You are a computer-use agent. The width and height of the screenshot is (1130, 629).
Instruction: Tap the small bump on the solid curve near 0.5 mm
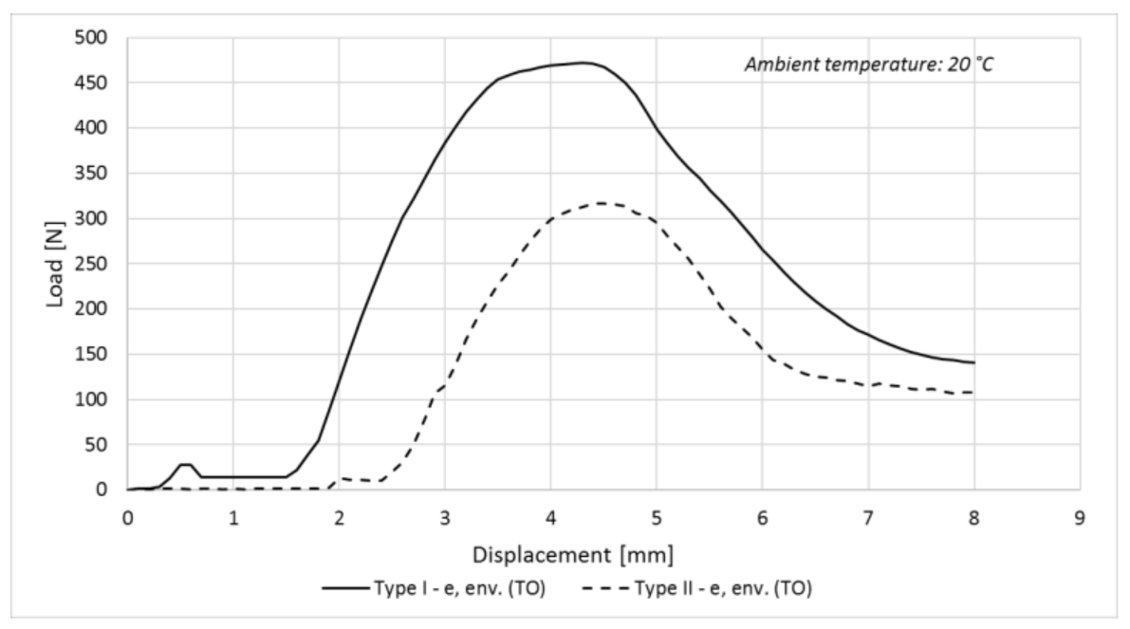pos(186,464)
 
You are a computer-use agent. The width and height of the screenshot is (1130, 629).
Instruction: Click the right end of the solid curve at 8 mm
pos(973,362)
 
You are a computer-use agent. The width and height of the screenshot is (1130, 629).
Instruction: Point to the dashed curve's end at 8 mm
pos(973,392)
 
